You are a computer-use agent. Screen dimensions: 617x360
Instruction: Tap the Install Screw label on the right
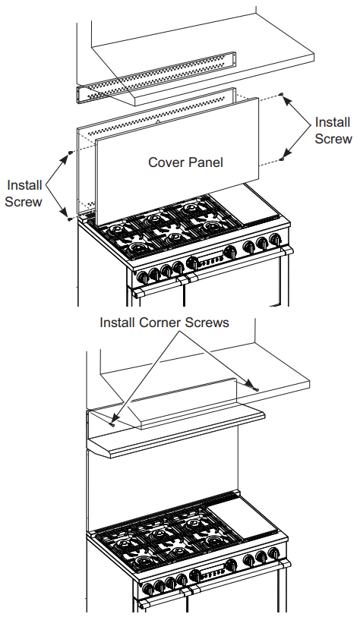point(333,130)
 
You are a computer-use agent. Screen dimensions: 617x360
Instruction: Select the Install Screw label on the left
point(24,194)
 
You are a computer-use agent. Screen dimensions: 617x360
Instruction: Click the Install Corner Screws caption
point(164,323)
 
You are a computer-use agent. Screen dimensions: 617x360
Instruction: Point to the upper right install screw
point(282,96)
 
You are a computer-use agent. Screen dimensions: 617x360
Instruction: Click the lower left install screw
point(70,218)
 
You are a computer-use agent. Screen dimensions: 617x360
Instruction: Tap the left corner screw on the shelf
point(112,424)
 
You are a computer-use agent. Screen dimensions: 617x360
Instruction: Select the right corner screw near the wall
point(256,389)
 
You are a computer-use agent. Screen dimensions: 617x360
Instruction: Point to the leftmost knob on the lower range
point(143,589)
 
